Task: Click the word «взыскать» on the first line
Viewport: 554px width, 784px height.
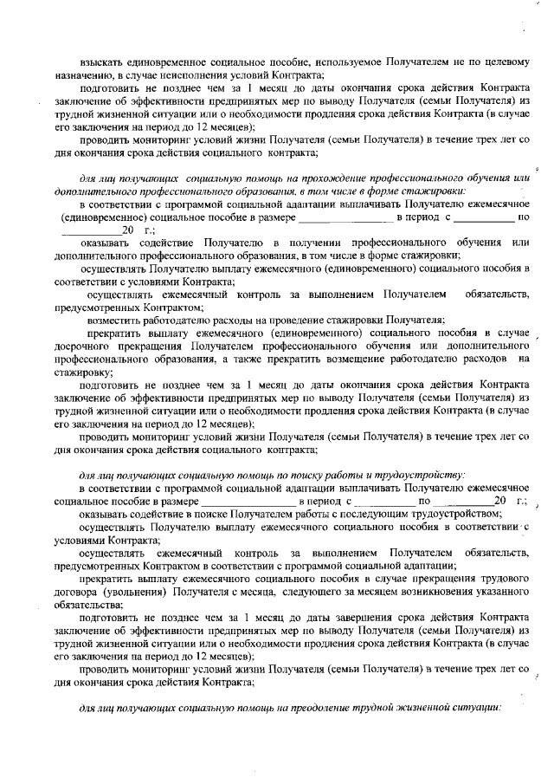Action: point(100,62)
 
